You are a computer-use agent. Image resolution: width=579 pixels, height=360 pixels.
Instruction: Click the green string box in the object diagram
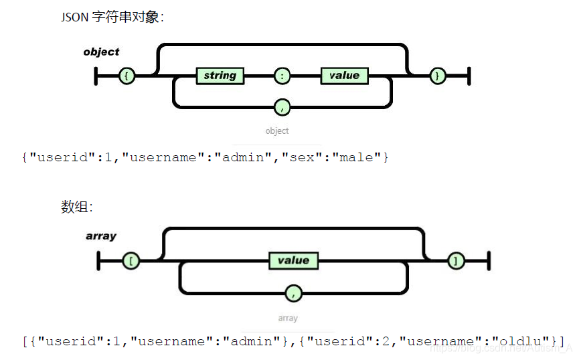click(220, 76)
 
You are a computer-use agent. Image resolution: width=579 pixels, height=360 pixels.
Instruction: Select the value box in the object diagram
click(344, 76)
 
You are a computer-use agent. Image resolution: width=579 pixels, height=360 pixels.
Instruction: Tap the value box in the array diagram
click(293, 260)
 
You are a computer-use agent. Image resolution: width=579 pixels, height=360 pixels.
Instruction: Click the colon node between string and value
click(283, 76)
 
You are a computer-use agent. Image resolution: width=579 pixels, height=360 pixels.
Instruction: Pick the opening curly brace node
click(127, 76)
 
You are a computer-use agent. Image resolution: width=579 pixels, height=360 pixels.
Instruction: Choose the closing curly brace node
click(437, 76)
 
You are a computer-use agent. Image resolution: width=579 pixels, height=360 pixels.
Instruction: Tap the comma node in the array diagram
click(293, 292)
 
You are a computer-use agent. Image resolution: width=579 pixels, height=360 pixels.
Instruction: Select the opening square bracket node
click(131, 261)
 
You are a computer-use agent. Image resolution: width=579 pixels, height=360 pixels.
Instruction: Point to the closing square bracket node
click(456, 261)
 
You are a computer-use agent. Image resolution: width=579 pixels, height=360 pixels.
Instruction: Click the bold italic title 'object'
click(101, 52)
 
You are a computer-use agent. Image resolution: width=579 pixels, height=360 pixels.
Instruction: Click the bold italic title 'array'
click(101, 236)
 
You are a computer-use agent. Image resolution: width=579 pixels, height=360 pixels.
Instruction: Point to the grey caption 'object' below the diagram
click(277, 130)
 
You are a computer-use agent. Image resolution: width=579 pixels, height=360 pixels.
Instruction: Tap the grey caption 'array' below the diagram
click(288, 318)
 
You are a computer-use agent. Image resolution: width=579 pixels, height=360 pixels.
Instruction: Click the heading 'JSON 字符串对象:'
click(112, 18)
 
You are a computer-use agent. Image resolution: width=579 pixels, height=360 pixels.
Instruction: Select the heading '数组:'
click(77, 207)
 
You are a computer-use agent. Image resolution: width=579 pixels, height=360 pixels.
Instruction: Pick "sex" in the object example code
click(303, 158)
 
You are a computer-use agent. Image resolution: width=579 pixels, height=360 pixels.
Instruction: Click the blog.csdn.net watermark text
click(501, 348)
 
